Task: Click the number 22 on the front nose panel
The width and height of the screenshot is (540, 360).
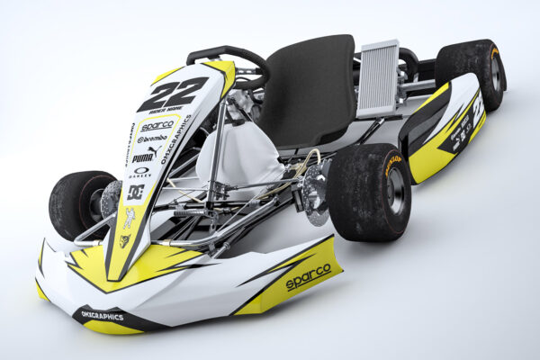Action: [x=173, y=93]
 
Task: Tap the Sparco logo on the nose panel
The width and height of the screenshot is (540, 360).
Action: [x=157, y=125]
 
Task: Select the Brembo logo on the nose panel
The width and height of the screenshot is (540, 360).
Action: [x=153, y=139]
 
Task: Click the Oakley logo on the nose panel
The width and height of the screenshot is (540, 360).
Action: [x=140, y=173]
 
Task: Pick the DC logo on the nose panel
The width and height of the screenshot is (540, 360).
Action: [x=135, y=191]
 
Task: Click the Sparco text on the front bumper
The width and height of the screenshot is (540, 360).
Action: [x=308, y=277]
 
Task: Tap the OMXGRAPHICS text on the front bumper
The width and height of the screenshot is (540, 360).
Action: [x=102, y=315]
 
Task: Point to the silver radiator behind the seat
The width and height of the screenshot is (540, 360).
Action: [x=378, y=78]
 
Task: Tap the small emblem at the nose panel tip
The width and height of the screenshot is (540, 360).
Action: [x=124, y=240]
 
